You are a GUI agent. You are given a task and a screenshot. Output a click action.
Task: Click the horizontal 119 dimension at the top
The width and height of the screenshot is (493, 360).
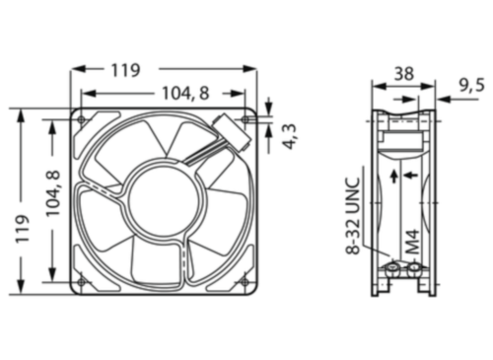124,70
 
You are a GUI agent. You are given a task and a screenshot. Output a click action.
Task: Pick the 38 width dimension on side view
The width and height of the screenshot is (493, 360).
402,72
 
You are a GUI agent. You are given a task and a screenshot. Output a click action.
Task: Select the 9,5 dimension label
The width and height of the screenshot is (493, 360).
470,85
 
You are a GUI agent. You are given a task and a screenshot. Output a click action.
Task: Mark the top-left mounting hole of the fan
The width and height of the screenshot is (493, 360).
82,119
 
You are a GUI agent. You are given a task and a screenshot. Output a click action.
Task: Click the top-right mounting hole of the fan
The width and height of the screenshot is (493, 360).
246,119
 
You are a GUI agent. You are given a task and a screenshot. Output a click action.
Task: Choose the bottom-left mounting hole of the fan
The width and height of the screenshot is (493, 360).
82,282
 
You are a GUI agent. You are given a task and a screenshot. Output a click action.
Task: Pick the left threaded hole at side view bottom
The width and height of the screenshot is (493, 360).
393,268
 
